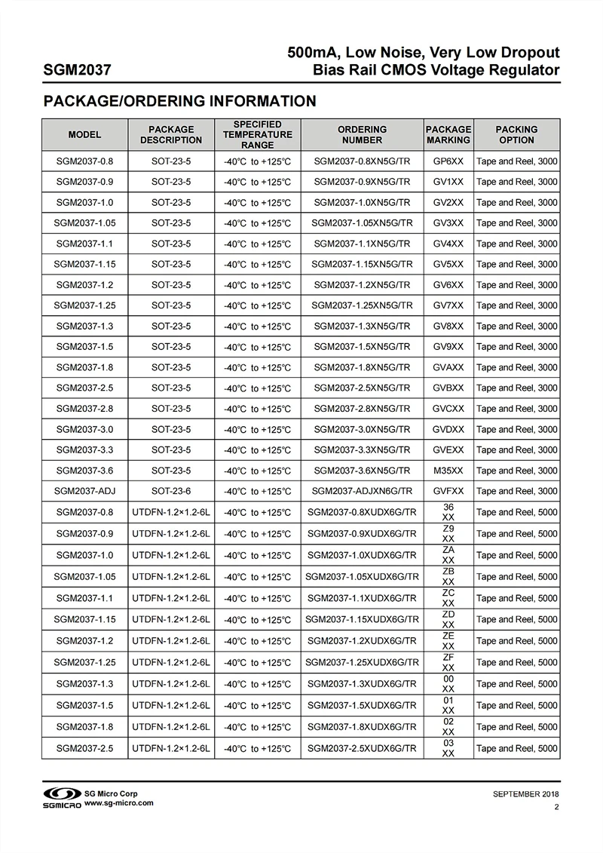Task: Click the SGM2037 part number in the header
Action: click(78, 71)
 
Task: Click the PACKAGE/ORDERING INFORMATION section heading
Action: click(179, 101)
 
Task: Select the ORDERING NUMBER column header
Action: click(362, 134)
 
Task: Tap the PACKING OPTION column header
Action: click(516, 134)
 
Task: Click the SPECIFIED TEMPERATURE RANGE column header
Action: click(257, 134)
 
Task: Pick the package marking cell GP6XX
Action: click(448, 161)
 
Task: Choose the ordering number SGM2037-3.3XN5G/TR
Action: click(362, 450)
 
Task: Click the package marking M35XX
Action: click(448, 471)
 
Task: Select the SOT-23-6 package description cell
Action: click(171, 491)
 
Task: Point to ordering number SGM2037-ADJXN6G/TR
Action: click(362, 491)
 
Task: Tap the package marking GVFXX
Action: click(448, 491)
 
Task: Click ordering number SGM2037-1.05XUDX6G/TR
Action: click(362, 577)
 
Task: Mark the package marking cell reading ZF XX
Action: click(448, 662)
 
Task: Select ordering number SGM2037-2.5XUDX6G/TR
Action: click(362, 749)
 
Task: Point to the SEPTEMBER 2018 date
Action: click(526, 794)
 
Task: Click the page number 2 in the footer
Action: click(556, 807)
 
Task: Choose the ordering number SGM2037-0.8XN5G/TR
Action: click(362, 161)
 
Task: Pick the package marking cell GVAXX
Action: click(448, 367)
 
